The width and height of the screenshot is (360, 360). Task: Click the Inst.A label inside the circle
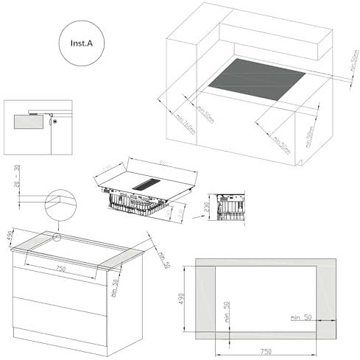point(82,43)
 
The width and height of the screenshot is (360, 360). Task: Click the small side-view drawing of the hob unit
point(227,208)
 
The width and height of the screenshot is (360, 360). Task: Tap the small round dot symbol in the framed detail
point(54,123)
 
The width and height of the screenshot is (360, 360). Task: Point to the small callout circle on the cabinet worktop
point(57,237)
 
